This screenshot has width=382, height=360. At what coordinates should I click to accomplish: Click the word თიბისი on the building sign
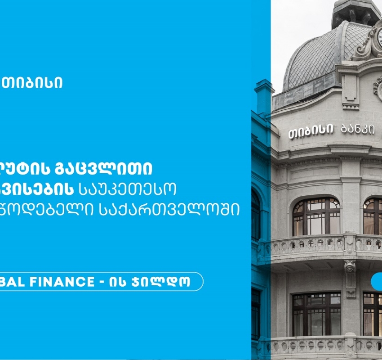coord(311,131)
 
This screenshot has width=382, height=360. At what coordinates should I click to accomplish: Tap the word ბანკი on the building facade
coord(357,129)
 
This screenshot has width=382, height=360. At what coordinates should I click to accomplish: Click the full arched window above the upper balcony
coord(316,216)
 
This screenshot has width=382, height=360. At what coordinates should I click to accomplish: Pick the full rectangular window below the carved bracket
coord(316,314)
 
